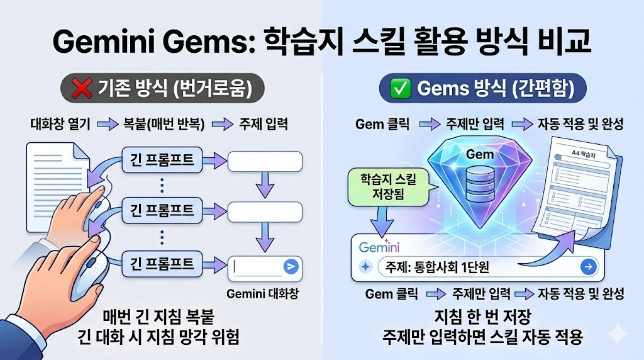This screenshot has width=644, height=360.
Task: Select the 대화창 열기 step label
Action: (60, 124)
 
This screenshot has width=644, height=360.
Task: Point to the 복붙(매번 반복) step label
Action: (165, 124)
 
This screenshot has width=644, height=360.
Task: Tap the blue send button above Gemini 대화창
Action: (291, 266)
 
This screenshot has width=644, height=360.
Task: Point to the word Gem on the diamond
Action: (479, 154)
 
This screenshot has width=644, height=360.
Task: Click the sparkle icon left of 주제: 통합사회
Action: (365, 267)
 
